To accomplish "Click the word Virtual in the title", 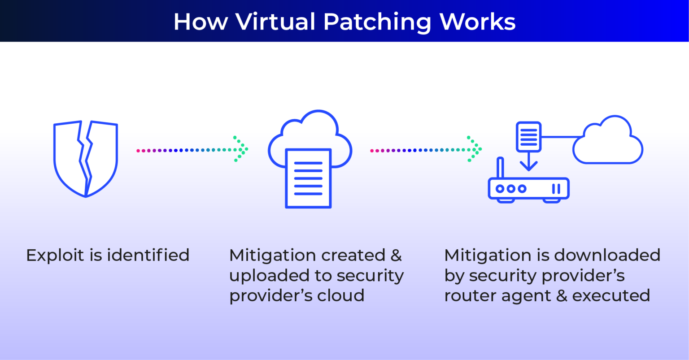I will (275, 22).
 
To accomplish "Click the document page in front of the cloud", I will (308, 178).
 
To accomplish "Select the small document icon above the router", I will (528, 136).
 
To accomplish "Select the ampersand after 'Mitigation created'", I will (396, 255).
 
